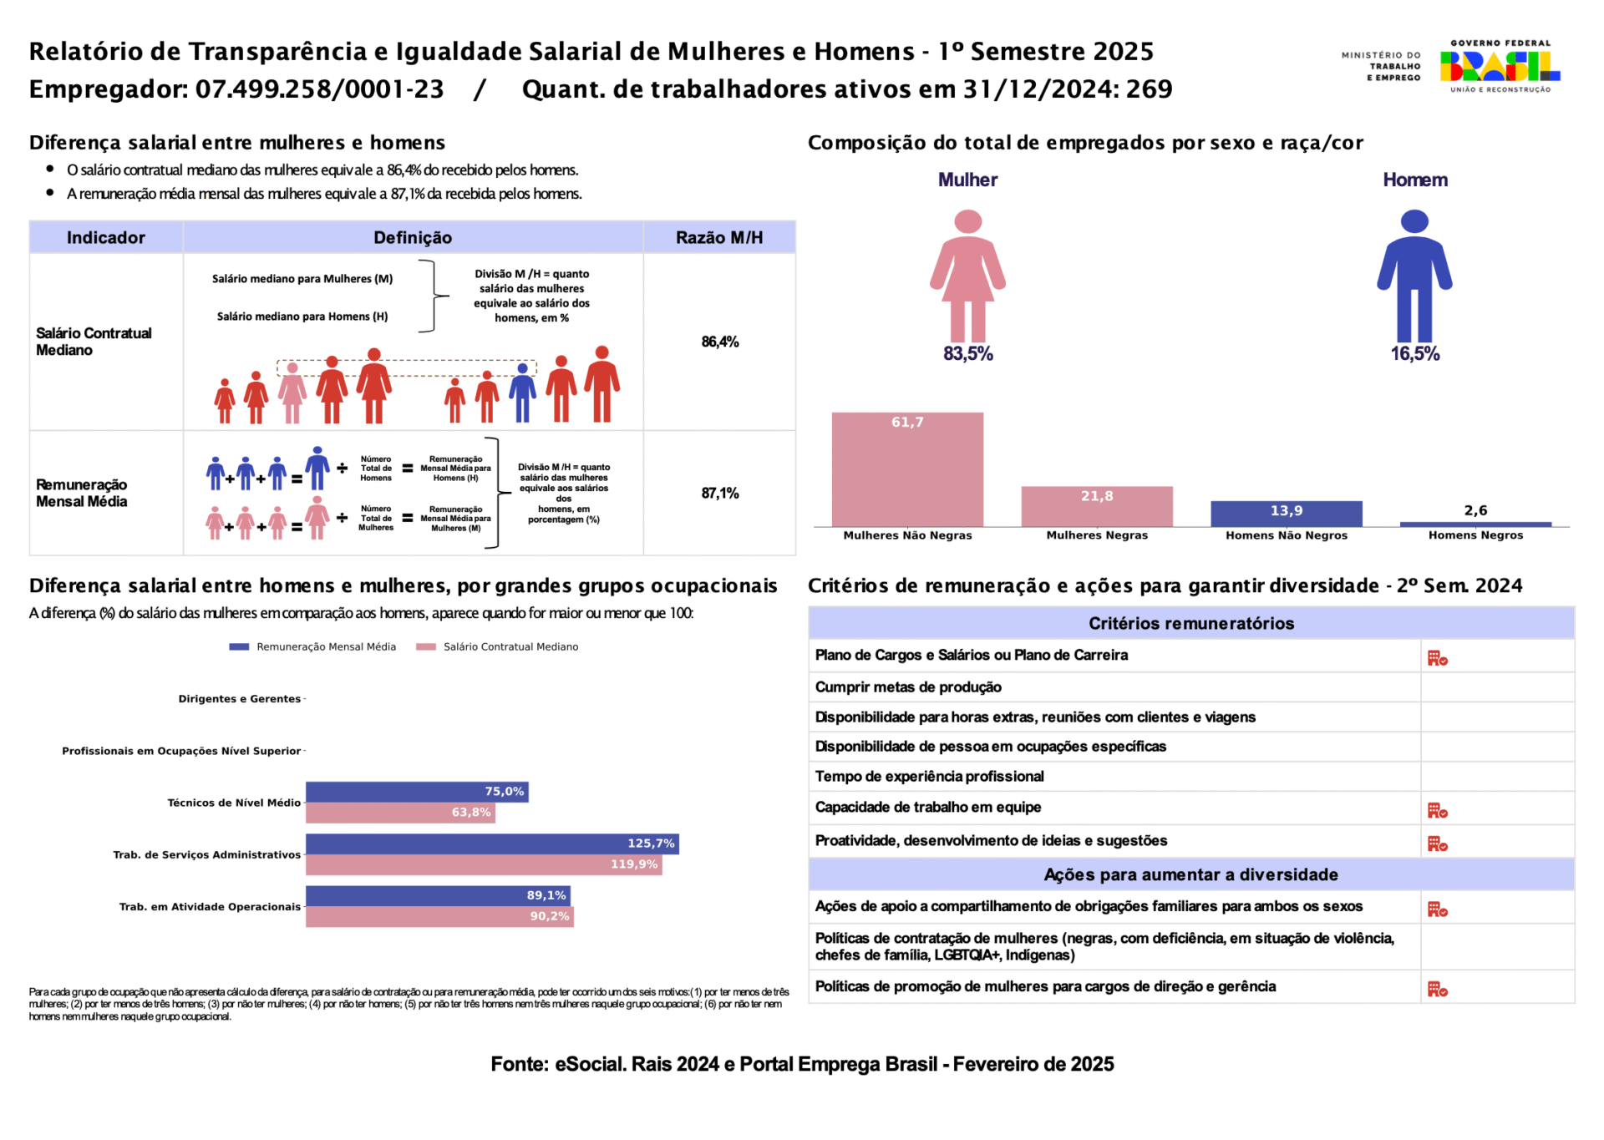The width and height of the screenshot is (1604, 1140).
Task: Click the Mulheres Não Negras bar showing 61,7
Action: point(907,469)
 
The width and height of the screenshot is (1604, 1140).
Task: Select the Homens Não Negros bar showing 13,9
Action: point(1287,513)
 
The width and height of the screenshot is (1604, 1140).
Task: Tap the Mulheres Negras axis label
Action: point(1097,535)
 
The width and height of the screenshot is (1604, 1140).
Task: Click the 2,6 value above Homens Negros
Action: point(1475,510)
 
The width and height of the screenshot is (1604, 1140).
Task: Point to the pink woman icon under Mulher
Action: point(967,276)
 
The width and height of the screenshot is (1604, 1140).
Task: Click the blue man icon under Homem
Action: point(1414,276)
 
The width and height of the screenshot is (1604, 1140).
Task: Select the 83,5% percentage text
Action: point(967,354)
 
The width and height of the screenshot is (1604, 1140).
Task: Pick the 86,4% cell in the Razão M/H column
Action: point(719,342)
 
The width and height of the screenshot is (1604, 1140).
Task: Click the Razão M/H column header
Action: point(719,238)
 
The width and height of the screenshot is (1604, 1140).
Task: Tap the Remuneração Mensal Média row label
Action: point(82,493)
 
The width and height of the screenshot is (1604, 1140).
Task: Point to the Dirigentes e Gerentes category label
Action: point(239,699)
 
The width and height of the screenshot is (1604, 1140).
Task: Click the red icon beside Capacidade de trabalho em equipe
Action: point(1437,810)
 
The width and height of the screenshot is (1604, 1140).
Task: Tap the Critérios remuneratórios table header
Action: point(1190,623)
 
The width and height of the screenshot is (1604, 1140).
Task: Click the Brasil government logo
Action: point(1500,66)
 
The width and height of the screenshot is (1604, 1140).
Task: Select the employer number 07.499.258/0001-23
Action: point(319,89)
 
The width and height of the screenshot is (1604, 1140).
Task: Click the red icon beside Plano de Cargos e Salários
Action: point(1437,658)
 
